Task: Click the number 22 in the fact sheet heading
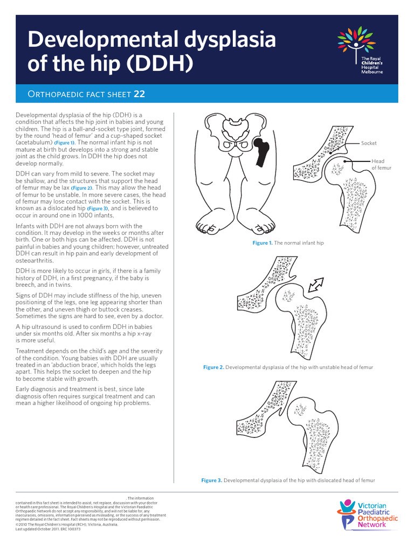[140, 94]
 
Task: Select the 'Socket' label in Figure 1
[369, 143]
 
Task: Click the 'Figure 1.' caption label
[263, 243]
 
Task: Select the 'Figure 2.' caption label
[213, 367]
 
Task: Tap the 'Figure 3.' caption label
[211, 480]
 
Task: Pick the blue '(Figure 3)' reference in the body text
[98, 208]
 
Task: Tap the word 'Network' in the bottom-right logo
[372, 524]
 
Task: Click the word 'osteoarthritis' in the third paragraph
[35, 260]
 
